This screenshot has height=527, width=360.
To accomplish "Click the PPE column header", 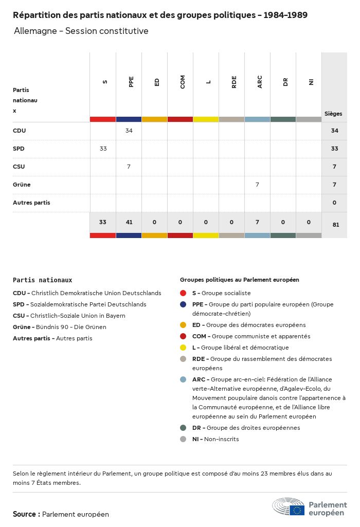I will point(131,82).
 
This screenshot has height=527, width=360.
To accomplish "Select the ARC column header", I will point(260,82).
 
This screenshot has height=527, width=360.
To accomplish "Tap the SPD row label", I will point(19,149).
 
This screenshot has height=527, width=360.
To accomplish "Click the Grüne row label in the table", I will point(22,185).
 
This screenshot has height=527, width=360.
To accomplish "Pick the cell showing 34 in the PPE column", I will point(129,131).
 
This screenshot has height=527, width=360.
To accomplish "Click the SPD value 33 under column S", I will point(103,149).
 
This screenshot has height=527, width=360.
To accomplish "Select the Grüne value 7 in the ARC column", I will point(257,185).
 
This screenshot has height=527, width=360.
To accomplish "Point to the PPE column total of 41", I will point(129,222).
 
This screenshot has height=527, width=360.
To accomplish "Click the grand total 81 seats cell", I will point(334,224).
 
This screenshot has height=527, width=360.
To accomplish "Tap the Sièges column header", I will point(333,114).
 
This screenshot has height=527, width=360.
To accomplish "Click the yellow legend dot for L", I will point(183,348).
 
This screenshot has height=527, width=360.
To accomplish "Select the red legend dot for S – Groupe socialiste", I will point(183,293).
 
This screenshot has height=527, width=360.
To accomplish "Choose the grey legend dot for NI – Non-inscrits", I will point(183,439).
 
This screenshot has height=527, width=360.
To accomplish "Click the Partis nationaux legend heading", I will point(42,280).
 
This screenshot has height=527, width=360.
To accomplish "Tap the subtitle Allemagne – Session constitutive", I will point(81,31).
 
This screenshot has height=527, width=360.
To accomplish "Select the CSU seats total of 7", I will point(334,167).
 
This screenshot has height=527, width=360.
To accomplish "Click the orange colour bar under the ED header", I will point(154,119).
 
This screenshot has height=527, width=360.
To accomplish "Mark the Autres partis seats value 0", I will point(334,203).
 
